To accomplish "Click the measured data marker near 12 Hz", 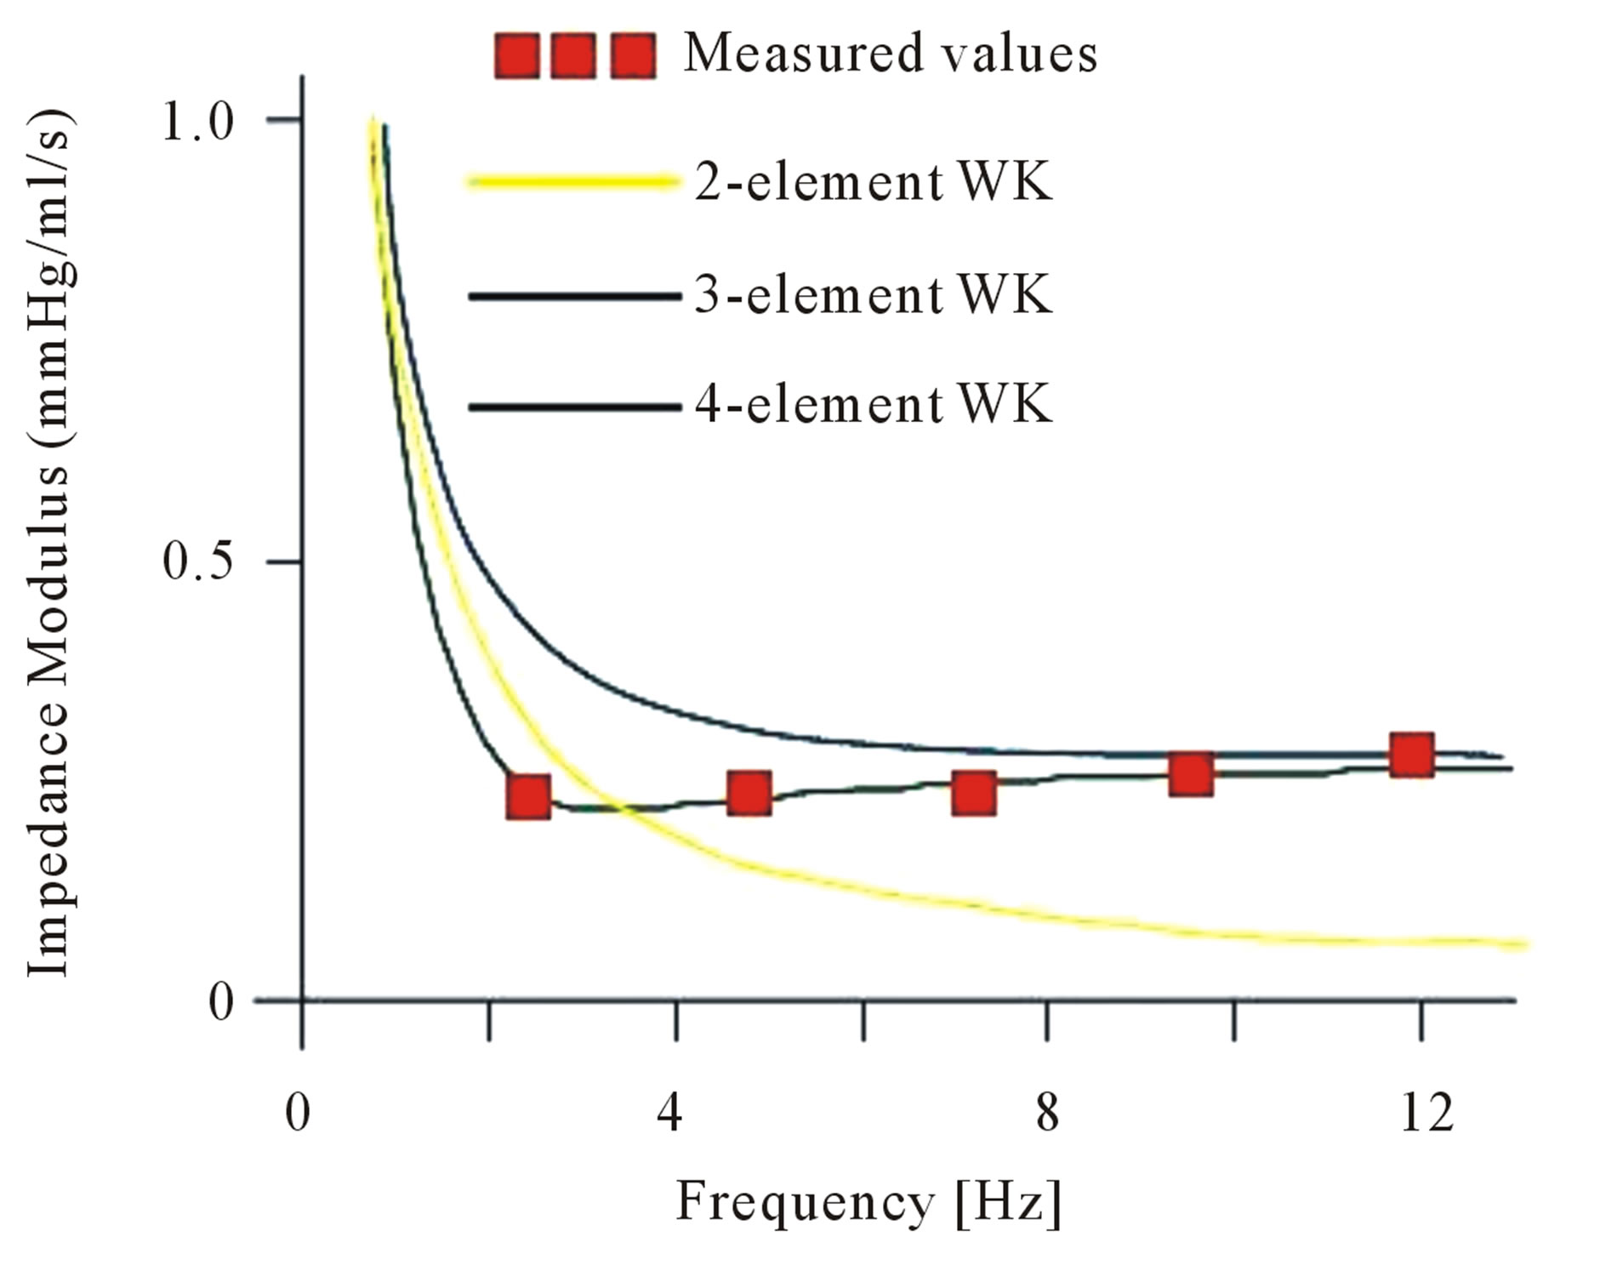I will pos(1411,754).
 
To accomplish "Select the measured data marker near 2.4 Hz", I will pos(527,796).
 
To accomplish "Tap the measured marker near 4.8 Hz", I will pos(749,793).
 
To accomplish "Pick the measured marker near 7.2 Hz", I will pos(973,793).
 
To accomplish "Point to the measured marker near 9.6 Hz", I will pos(1190,774).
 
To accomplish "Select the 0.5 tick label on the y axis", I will pos(197,562).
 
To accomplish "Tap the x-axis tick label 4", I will pos(669,1112).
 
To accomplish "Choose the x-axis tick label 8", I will pos(1047,1112).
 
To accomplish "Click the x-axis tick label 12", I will pos(1426,1112).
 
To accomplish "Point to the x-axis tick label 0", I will pos(298,1112).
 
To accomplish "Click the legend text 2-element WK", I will pos(873,182).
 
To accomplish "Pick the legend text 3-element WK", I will pos(873,295).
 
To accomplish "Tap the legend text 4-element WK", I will pos(873,404).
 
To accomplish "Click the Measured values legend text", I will pos(890,54).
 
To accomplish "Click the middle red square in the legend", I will pos(573,56).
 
